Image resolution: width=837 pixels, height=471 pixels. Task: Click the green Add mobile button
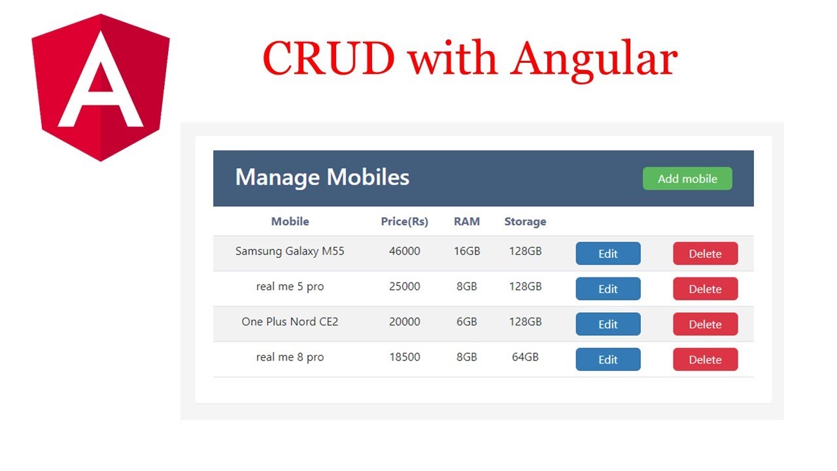[687, 179]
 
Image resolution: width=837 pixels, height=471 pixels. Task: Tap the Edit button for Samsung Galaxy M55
[607, 254]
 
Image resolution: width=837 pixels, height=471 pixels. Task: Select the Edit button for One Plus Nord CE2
[607, 324]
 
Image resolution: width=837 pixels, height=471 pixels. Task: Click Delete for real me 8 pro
[705, 360]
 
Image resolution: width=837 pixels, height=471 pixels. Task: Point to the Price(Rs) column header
[404, 222]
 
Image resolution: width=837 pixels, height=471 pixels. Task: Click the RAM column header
[466, 222]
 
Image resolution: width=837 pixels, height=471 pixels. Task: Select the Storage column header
[524, 222]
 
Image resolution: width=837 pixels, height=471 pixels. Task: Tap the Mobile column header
[290, 222]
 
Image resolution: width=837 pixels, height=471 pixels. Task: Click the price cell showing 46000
[404, 251]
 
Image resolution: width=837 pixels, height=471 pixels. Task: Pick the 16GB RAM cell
[466, 251]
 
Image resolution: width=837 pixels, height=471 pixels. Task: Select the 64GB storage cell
[524, 357]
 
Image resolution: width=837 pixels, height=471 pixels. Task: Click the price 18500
[404, 357]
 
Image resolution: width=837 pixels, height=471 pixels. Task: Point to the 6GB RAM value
[466, 322]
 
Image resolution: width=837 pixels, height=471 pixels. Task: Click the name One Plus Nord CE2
[290, 322]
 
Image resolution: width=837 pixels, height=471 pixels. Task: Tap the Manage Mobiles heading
[322, 177]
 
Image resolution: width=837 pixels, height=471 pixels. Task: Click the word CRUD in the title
[328, 59]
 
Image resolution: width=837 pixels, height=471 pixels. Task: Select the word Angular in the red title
[593, 59]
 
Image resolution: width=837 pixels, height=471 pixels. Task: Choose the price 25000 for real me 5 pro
[404, 287]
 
